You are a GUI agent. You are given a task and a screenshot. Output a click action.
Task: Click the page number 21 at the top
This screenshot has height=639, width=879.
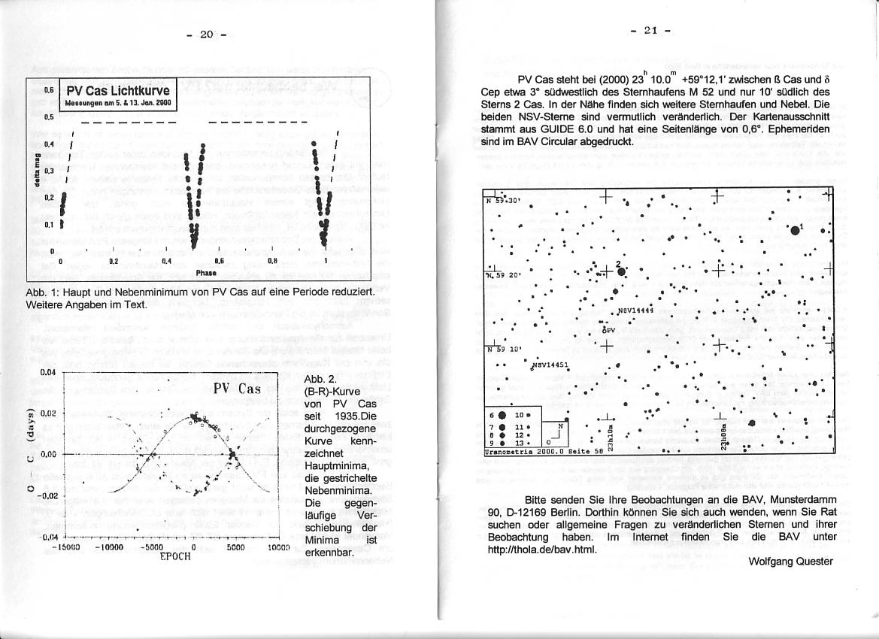click(x=651, y=31)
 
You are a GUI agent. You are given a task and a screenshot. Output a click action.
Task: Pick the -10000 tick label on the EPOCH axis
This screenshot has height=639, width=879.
click(x=110, y=548)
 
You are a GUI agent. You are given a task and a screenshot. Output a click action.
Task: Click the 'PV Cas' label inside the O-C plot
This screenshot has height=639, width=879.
click(x=237, y=389)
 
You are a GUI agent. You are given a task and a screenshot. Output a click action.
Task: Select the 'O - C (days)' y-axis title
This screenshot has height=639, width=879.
click(x=31, y=454)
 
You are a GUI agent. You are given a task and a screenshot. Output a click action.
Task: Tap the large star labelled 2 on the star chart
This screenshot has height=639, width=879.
click(x=621, y=272)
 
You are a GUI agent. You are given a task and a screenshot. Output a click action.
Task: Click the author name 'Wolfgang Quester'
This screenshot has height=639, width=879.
click(x=791, y=562)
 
